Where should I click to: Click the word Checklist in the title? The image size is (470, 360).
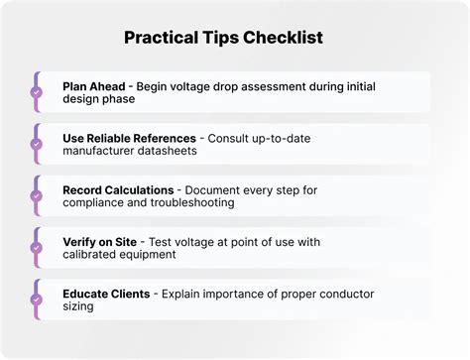click(x=283, y=37)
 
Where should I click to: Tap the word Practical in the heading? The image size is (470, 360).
click(x=162, y=38)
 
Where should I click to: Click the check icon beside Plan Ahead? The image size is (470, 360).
click(x=37, y=92)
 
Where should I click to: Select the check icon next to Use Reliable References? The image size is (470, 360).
click(x=37, y=144)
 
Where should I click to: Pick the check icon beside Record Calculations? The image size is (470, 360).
click(x=37, y=196)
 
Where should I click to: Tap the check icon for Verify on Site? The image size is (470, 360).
click(x=37, y=248)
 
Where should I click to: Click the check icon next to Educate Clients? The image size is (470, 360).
click(x=37, y=300)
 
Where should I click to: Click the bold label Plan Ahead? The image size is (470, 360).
click(x=94, y=86)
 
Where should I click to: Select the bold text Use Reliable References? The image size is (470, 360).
click(x=129, y=138)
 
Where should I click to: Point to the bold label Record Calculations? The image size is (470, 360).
click(x=118, y=190)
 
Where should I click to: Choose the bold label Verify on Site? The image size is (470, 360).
click(x=100, y=242)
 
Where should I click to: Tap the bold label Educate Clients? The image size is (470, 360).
click(x=106, y=294)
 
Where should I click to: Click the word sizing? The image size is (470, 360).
click(x=78, y=306)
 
